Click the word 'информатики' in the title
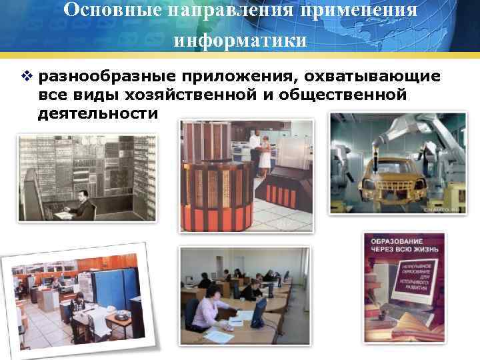click(240, 40)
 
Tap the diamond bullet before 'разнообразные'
click(26, 77)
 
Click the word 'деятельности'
click(98, 113)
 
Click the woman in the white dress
click(265, 152)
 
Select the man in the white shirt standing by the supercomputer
click(254, 147)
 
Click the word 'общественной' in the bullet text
click(342, 95)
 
